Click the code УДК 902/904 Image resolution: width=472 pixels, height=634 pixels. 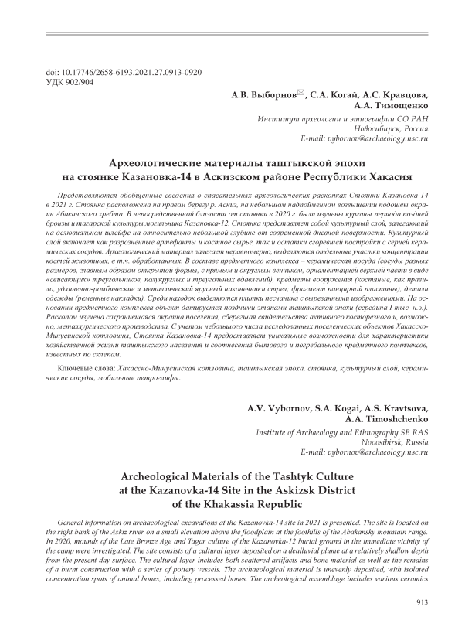70,82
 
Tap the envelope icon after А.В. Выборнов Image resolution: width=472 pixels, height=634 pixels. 301,93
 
